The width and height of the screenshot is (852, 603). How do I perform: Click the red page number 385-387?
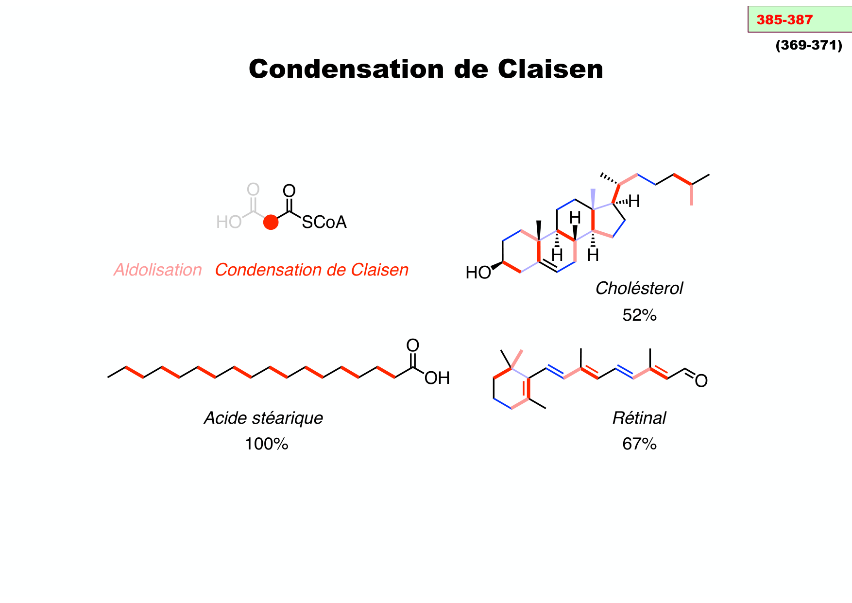point(784,20)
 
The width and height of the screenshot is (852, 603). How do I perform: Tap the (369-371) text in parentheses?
point(809,45)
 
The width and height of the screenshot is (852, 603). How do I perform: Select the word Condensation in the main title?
point(346,69)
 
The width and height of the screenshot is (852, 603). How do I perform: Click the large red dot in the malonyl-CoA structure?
point(271,223)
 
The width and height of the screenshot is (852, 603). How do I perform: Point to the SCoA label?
point(324,223)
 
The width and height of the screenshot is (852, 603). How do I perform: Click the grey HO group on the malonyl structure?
point(229,223)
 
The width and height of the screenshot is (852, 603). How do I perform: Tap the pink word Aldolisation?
point(157,270)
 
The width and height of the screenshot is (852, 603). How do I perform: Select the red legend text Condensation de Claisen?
point(311,270)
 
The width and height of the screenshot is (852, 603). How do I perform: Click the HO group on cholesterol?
point(478,273)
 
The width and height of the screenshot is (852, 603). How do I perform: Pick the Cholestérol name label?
point(639,288)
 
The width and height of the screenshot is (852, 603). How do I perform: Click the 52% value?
point(639,315)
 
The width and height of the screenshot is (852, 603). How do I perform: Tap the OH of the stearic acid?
point(437,378)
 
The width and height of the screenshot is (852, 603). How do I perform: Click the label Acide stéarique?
point(263,418)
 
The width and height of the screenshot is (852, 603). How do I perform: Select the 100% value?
point(266,444)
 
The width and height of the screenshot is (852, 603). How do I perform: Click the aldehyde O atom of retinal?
point(701,381)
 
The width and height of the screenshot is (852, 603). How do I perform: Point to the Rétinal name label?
point(639,418)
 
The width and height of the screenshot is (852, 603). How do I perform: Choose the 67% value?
point(639,444)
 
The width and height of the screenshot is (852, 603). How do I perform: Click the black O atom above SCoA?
point(289,191)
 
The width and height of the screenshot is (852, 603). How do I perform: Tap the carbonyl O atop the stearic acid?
point(412,345)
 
